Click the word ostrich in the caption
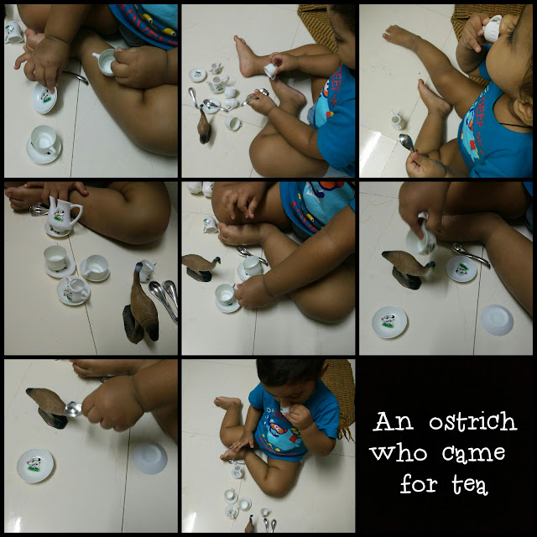click(x=472, y=421)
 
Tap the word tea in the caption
click(x=470, y=485)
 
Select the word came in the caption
click(x=473, y=454)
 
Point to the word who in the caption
click(x=399, y=452)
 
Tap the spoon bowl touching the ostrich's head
click(x=73, y=409)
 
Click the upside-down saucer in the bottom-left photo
click(x=149, y=457)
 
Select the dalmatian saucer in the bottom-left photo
click(x=35, y=466)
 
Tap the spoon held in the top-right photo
click(x=407, y=142)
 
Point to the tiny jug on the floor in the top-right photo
click(x=397, y=120)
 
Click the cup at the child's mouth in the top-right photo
click(x=492, y=28)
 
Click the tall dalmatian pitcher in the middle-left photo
click(x=64, y=214)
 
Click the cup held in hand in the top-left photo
click(x=106, y=61)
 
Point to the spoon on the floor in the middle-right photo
click(x=470, y=253)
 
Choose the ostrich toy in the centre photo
click(x=201, y=267)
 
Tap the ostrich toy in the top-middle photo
click(x=204, y=125)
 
